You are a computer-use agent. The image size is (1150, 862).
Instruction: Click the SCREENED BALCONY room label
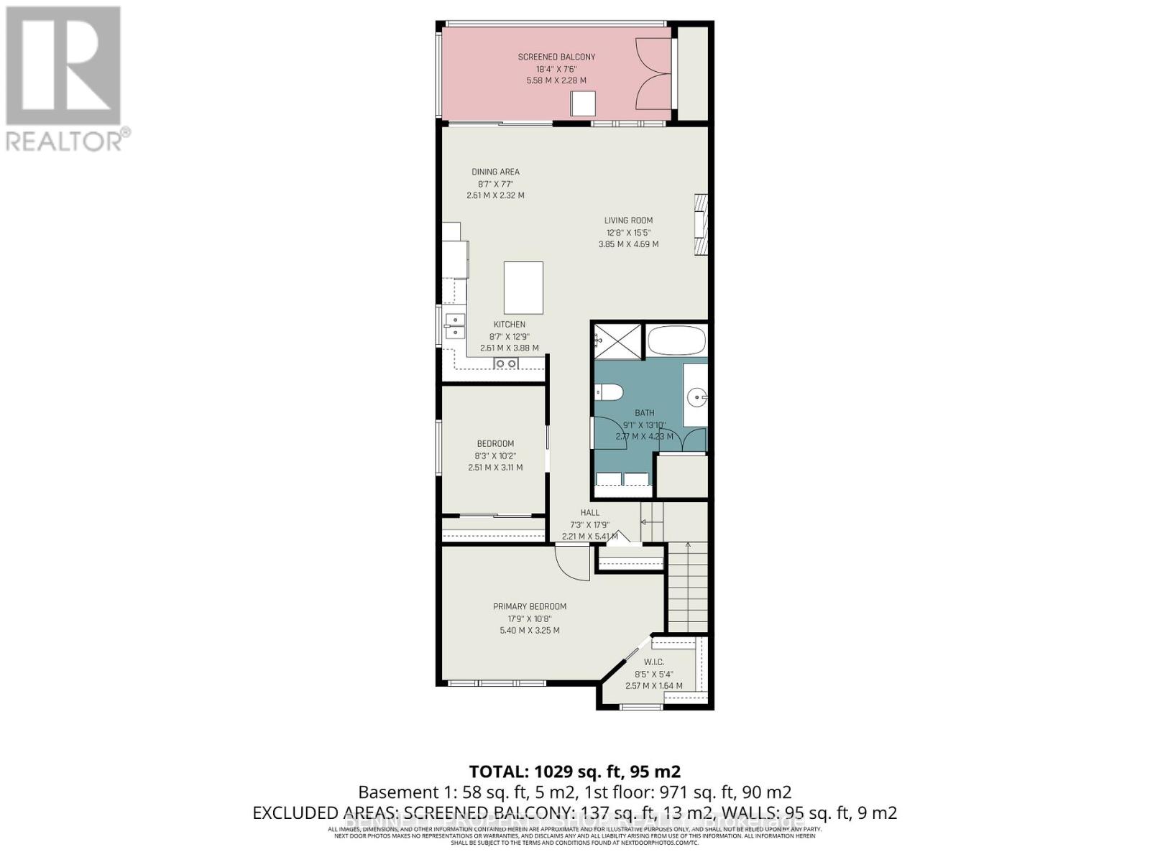(556, 57)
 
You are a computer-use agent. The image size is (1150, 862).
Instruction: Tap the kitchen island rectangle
(523, 287)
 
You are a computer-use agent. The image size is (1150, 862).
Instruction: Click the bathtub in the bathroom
(676, 340)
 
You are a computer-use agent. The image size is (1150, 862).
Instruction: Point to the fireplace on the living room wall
(701, 224)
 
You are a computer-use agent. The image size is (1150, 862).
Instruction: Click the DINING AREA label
(495, 172)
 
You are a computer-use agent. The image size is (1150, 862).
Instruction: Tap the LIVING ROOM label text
(628, 221)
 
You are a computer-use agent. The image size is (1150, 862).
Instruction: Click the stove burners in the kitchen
(505, 364)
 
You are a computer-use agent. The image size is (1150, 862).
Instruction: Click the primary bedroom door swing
(571, 562)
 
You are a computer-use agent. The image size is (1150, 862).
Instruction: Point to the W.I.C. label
(653, 662)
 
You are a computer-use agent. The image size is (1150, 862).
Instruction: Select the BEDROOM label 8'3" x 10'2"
(495, 443)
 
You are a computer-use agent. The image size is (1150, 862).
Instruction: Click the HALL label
(589, 512)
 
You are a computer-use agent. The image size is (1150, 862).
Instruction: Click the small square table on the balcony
(583, 103)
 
